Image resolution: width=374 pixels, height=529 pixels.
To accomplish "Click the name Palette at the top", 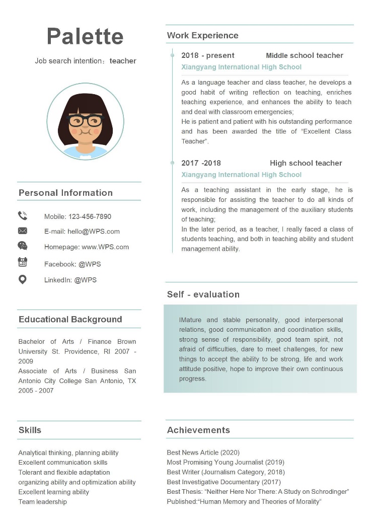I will click(x=85, y=36).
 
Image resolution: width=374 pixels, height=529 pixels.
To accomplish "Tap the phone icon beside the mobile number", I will click(x=23, y=216).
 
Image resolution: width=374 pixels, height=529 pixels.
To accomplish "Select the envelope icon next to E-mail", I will click(x=23, y=231).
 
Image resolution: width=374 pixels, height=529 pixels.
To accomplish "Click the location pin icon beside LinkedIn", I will click(x=23, y=279).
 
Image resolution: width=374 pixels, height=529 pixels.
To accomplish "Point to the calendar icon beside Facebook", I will click(x=23, y=262).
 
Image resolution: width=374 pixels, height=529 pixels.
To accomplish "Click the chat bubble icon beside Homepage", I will click(x=23, y=246).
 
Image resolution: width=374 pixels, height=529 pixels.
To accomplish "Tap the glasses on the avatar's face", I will click(x=85, y=121).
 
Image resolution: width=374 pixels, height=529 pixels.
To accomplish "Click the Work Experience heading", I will click(x=202, y=35).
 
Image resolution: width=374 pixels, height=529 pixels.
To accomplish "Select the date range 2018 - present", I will click(x=208, y=55).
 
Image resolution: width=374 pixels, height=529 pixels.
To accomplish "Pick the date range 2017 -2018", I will click(x=201, y=163).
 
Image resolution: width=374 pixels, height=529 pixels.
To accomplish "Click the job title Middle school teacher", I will click(x=305, y=55).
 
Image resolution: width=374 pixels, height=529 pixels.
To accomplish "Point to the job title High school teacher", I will click(x=306, y=163).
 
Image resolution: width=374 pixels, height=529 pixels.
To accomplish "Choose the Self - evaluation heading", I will click(x=203, y=294).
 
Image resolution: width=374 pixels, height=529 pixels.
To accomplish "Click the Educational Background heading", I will click(x=70, y=319).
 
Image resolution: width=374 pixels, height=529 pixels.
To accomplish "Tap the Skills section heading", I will click(x=30, y=430).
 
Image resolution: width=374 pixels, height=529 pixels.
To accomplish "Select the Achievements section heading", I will click(x=198, y=430).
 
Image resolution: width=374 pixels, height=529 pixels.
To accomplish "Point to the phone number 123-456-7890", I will click(x=90, y=216).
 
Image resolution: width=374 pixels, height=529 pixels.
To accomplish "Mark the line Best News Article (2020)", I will click(x=203, y=452).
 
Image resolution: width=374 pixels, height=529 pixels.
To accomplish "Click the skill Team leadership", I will click(x=42, y=501).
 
